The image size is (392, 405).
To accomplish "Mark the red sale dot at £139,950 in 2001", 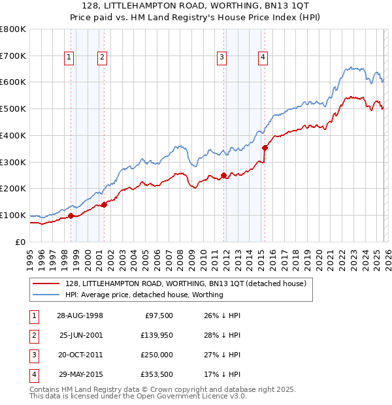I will (104, 204).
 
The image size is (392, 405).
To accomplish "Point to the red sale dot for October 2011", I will (223, 175).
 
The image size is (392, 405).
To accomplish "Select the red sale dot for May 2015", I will (265, 148).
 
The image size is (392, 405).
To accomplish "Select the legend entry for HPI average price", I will (144, 295).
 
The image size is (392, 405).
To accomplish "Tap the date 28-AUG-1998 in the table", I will (80, 316).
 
